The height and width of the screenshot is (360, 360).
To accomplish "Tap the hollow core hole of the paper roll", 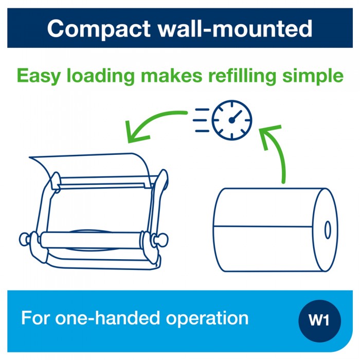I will (x=327, y=229).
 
